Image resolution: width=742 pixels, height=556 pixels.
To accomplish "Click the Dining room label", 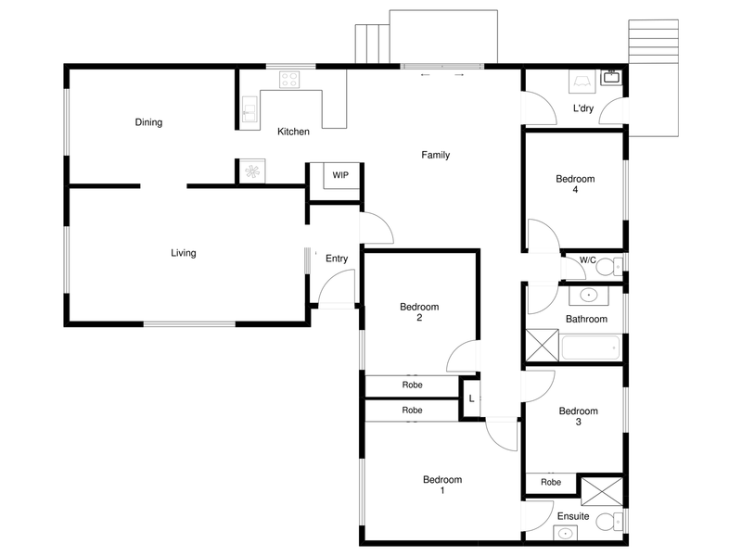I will [x=148, y=122].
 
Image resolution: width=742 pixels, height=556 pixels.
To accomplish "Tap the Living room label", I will [x=183, y=253].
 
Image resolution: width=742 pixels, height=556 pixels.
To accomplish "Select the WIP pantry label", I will [x=340, y=175].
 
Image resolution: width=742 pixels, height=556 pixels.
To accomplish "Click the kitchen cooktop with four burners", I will [x=288, y=80].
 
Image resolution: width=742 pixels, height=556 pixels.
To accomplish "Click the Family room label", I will [x=435, y=155].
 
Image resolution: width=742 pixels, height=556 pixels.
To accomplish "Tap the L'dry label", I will [x=583, y=108].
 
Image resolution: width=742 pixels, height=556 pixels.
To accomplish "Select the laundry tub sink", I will [x=611, y=78].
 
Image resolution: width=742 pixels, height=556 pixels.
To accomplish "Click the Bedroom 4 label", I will [x=575, y=184].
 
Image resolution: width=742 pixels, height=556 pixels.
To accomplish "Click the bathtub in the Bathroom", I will [x=591, y=348].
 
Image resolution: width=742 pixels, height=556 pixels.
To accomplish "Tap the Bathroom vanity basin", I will [x=588, y=296].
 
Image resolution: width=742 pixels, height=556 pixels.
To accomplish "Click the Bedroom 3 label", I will [x=578, y=416].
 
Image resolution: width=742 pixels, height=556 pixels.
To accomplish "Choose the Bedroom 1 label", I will [x=441, y=485].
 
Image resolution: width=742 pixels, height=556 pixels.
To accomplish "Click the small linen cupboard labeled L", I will [x=471, y=398].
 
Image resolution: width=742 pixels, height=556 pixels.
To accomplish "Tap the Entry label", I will [x=336, y=259].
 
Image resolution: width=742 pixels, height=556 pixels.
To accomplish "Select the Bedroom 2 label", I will [x=419, y=312].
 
